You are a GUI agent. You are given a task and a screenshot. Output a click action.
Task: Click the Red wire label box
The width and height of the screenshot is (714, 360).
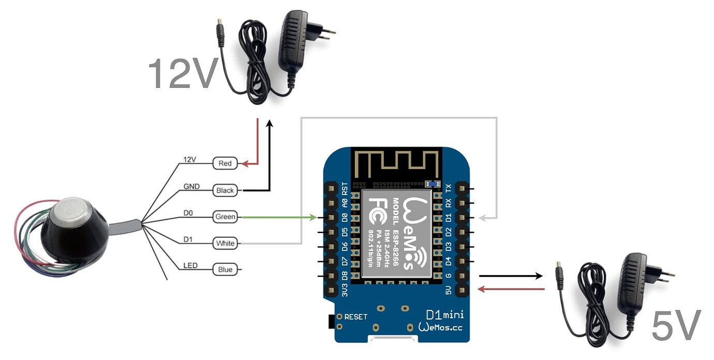pyautogui.click(x=225, y=163)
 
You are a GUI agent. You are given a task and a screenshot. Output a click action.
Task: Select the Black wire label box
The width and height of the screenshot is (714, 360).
pyautogui.click(x=225, y=190)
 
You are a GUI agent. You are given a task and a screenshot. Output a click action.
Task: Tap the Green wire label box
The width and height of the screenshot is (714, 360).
pyautogui.click(x=225, y=217)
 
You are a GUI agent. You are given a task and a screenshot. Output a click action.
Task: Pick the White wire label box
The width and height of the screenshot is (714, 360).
pyautogui.click(x=225, y=244)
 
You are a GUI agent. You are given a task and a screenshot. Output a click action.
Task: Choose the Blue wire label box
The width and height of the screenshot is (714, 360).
pyautogui.click(x=225, y=269)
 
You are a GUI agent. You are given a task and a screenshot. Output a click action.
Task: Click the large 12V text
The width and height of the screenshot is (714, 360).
pyautogui.click(x=182, y=73)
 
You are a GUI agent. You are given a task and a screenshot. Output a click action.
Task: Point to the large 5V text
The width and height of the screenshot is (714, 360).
pyautogui.click(x=676, y=325)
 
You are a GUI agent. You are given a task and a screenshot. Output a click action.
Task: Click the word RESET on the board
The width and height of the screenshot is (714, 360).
pyautogui.click(x=356, y=317)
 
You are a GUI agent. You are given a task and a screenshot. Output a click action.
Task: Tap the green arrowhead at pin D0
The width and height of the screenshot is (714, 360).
pyautogui.click(x=313, y=218)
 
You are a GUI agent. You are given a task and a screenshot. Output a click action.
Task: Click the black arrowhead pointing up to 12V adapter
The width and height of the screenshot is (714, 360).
pyautogui.click(x=269, y=124)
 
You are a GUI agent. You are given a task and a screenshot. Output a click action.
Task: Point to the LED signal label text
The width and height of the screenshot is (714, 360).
pyautogui.click(x=190, y=266)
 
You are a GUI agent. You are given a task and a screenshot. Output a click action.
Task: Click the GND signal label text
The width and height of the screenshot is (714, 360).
pyautogui.click(x=191, y=186)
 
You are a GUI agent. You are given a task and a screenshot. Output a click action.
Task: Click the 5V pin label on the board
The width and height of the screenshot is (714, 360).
pyautogui.click(x=448, y=290)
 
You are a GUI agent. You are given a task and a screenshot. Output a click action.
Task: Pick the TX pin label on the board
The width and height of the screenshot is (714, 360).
pyautogui.click(x=448, y=187)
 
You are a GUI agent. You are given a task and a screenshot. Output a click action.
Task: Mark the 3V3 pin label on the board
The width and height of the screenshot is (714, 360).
pyautogui.click(x=345, y=289)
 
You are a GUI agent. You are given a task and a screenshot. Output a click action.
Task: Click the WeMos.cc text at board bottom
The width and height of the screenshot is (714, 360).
pyautogui.click(x=441, y=327)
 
